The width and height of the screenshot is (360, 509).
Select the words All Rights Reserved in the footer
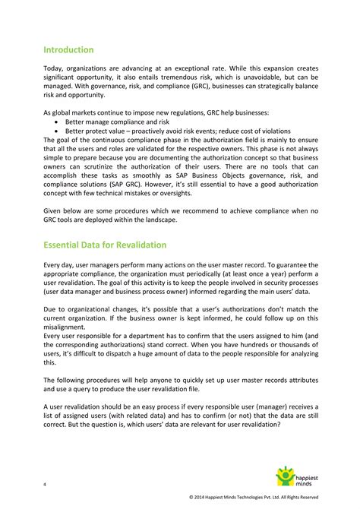[x=321, y=498]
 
